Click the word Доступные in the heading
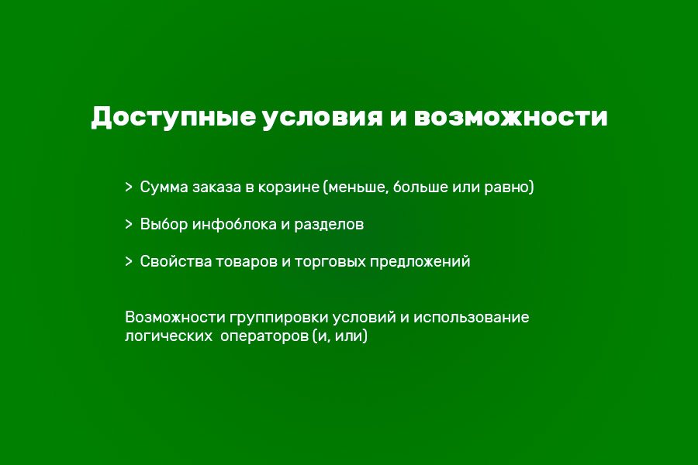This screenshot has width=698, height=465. [172, 118]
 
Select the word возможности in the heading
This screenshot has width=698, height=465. [510, 118]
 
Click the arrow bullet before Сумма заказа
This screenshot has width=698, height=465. [128, 187]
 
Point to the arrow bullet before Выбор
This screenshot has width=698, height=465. [128, 224]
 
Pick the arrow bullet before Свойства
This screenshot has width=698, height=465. [128, 261]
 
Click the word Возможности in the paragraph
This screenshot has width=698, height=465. [174, 318]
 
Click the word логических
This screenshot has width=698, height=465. [167, 338]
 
